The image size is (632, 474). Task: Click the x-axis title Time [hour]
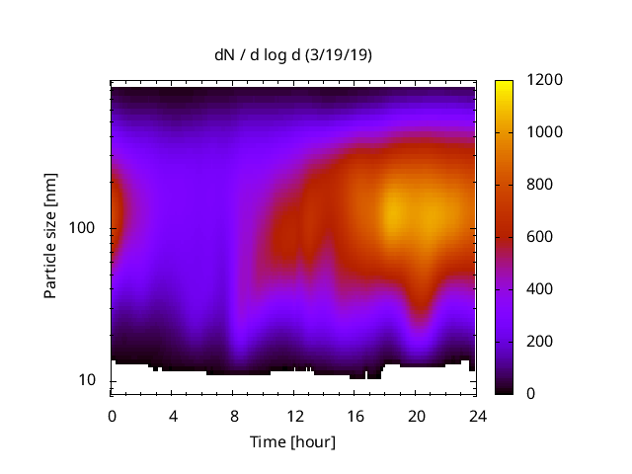click(292, 441)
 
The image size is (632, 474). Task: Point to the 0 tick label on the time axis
click(112, 415)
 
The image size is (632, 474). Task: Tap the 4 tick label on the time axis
click(173, 415)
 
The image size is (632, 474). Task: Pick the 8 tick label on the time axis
click(233, 415)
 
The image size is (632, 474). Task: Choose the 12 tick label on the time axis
click(293, 415)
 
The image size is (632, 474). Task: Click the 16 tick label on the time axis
click(355, 415)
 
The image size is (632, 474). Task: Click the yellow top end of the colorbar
click(504, 84)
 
